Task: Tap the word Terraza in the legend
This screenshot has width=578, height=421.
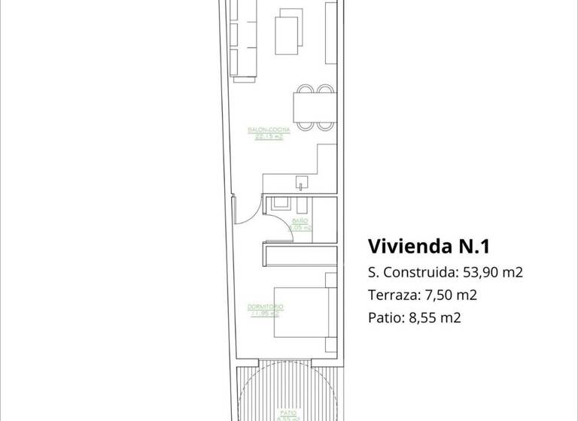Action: tap(391, 295)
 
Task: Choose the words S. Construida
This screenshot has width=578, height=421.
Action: tap(412, 272)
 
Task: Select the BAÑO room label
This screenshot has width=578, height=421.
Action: tap(300, 220)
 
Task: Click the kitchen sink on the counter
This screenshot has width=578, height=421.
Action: tap(303, 182)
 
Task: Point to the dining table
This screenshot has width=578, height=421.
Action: tap(312, 108)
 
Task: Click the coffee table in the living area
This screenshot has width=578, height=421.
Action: tap(287, 32)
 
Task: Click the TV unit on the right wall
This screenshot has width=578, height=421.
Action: tap(330, 34)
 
